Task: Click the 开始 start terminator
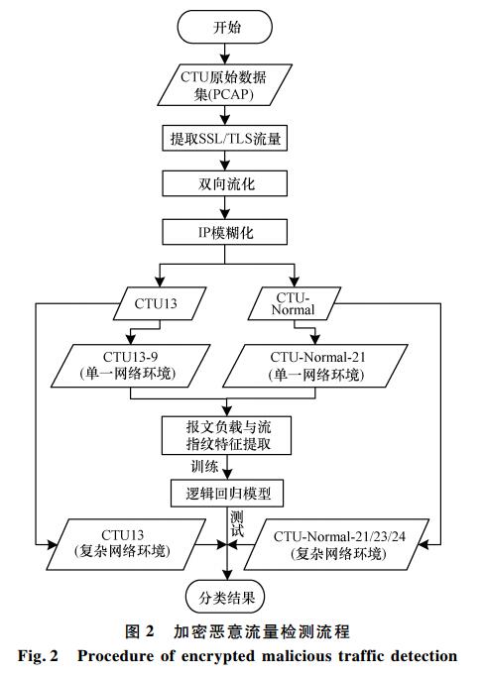224,27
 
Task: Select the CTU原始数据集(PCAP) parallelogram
224,85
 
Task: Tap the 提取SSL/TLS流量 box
224,138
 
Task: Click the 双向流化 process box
224,183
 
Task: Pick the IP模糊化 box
224,233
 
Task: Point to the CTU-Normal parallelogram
294,303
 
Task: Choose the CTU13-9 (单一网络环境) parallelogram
131,366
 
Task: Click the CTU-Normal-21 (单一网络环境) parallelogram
315,366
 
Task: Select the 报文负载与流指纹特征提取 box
227,435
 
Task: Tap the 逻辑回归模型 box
227,493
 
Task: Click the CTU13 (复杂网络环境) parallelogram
126,544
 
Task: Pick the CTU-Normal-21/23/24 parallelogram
336,544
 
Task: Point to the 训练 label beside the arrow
204,467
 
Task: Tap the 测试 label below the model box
237,524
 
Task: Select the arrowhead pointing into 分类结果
227,576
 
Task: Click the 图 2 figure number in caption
139,631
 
